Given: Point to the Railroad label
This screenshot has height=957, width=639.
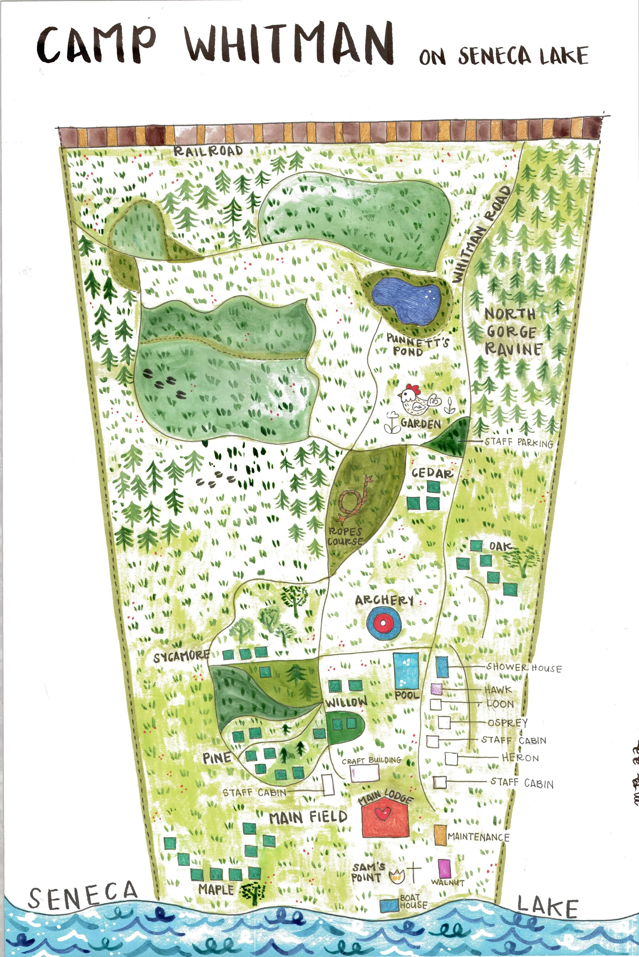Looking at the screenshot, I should (x=208, y=151).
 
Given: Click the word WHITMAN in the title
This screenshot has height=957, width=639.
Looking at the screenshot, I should (x=289, y=44).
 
